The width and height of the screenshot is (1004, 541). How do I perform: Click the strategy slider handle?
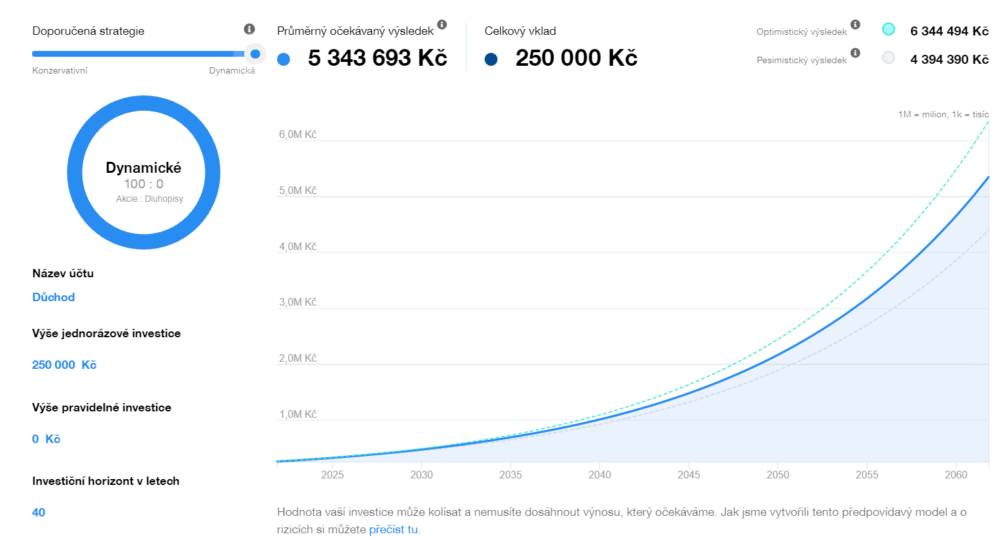click(x=255, y=54)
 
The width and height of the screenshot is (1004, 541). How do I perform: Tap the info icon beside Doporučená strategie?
click(x=249, y=29)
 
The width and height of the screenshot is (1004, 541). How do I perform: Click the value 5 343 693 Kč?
click(x=377, y=58)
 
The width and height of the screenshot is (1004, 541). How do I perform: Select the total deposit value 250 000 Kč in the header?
click(x=576, y=58)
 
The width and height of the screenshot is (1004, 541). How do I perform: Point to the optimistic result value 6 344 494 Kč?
click(x=949, y=31)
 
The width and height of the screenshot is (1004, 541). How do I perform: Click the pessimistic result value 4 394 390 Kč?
click(x=949, y=59)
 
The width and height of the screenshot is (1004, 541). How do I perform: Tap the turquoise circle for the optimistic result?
click(x=889, y=29)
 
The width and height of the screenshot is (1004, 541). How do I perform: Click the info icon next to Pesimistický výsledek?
click(x=855, y=53)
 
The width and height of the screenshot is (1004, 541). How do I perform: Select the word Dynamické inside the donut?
click(x=144, y=168)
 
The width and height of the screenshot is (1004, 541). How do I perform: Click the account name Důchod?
click(x=53, y=297)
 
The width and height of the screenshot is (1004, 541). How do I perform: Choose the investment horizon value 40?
click(x=39, y=513)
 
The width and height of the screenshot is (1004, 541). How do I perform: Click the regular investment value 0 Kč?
click(x=46, y=439)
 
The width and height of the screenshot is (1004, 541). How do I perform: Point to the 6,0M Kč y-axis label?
click(x=298, y=135)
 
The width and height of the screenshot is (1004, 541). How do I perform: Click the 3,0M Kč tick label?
click(x=298, y=302)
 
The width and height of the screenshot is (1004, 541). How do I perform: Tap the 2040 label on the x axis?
click(x=599, y=475)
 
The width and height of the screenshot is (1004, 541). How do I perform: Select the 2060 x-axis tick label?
click(x=956, y=475)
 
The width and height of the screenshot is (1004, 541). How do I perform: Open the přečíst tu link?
click(x=393, y=529)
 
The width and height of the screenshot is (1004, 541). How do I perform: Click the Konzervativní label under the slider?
click(x=60, y=71)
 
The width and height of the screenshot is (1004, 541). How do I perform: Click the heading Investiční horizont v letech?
click(x=106, y=481)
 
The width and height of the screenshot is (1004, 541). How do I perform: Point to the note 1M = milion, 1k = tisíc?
click(x=943, y=114)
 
